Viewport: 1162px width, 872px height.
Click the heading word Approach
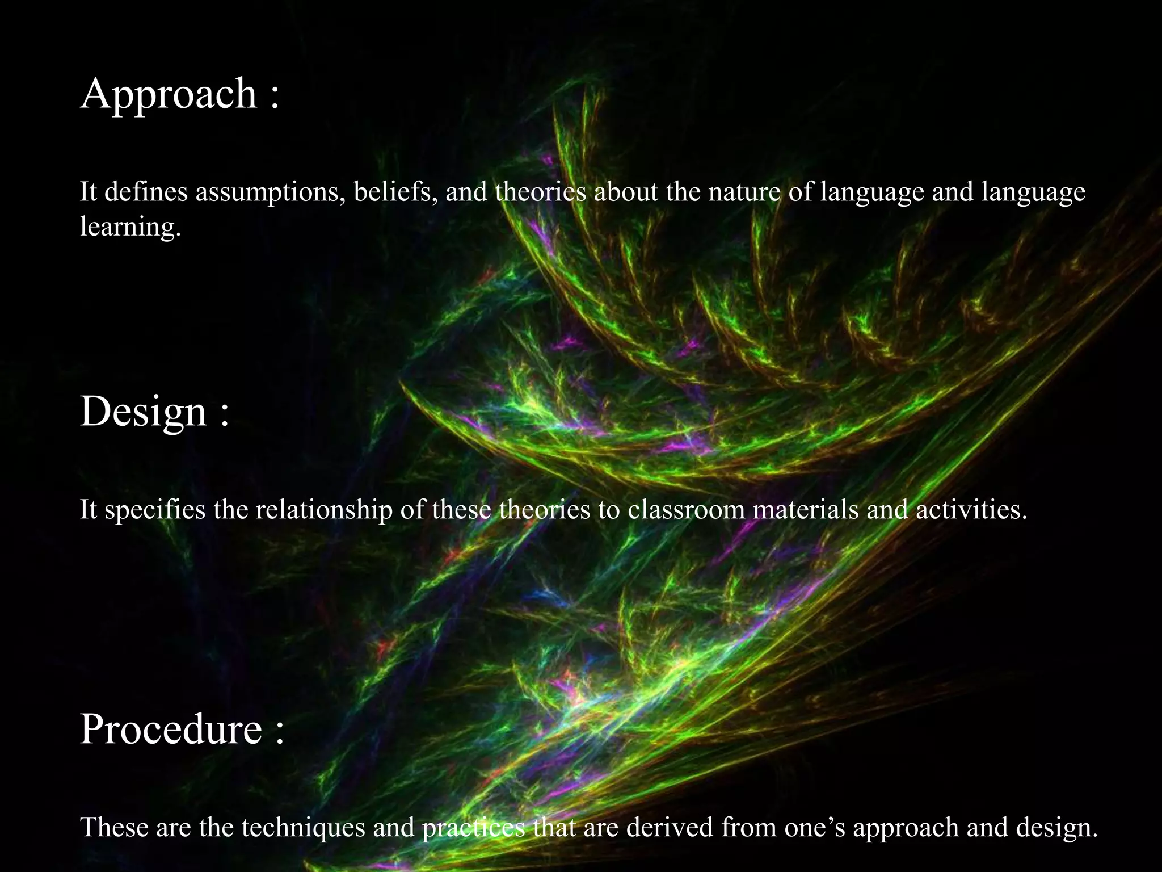pyautogui.click(x=169, y=94)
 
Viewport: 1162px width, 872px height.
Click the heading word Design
pyautogui.click(x=143, y=412)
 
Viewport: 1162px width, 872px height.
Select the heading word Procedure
pyautogui.click(x=171, y=729)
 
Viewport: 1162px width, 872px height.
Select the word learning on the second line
pyautogui.click(x=130, y=227)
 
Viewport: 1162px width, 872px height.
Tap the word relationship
pyautogui.click(x=324, y=510)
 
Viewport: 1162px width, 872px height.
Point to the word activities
pyautogui.click(x=971, y=509)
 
